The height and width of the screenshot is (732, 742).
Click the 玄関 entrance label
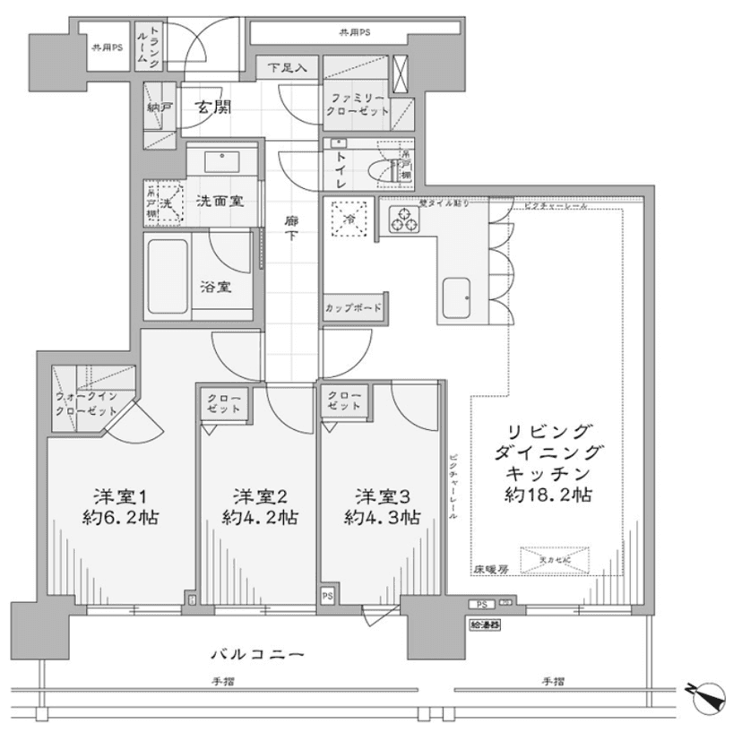[212, 108]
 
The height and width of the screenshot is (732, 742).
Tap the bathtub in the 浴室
[167, 278]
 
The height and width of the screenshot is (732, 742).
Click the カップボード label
[353, 307]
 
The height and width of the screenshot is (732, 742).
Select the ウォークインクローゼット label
[86, 403]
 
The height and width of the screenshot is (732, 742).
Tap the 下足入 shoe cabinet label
[288, 67]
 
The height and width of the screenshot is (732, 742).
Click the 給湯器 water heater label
[483, 620]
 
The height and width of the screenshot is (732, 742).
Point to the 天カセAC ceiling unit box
[555, 560]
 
